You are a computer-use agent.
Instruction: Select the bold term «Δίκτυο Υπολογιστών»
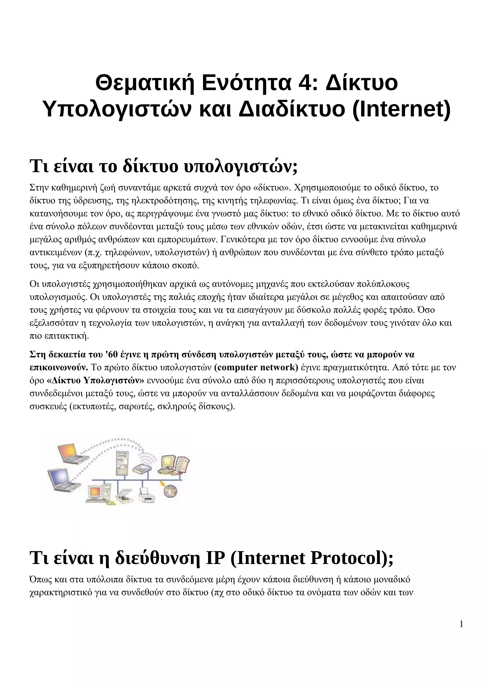96,381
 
